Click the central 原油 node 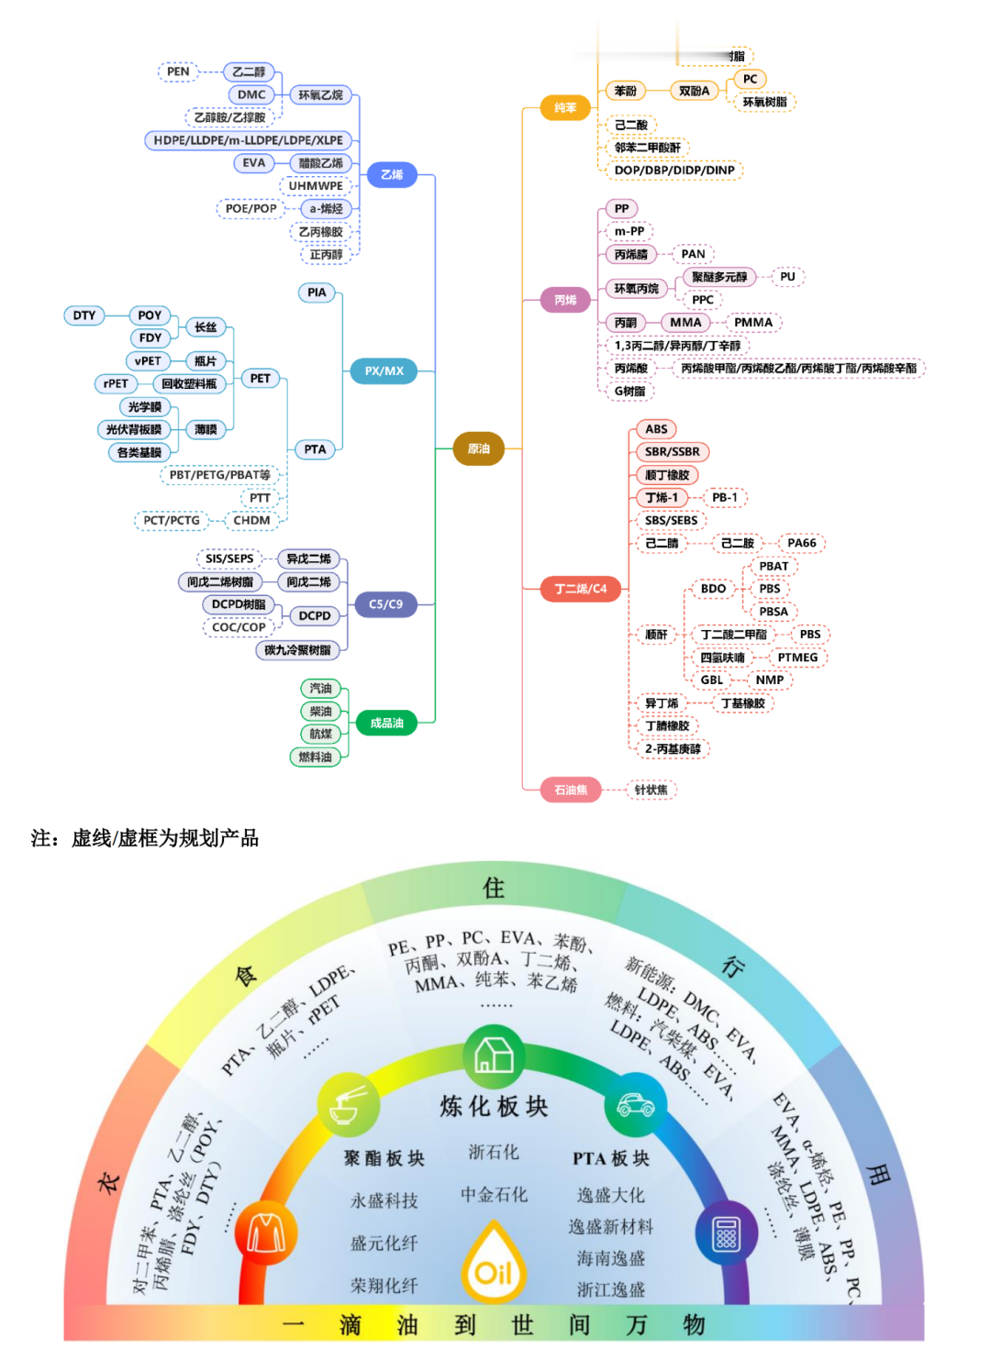[478, 448]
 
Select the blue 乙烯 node [392, 174]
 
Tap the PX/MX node [384, 371]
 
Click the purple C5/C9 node [385, 604]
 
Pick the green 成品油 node [386, 723]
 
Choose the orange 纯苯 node [565, 108]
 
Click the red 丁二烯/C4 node [580, 589]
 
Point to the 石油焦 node [571, 790]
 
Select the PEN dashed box [178, 72]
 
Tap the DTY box [84, 315]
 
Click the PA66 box [801, 543]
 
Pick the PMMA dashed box [752, 323]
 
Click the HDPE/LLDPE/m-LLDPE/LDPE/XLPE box [248, 140]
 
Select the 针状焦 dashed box [651, 790]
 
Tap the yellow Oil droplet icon [494, 1266]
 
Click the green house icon [494, 1056]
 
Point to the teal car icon [635, 1105]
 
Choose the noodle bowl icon [349, 1105]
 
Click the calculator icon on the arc [726, 1233]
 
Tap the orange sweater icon [265, 1233]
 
